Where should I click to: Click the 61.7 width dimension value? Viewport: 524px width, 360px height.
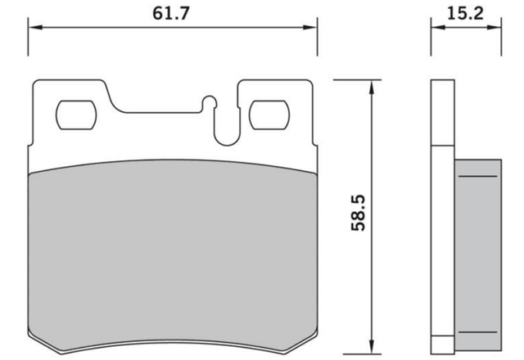tap(171, 14)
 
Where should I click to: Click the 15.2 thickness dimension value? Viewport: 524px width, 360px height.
tap(465, 14)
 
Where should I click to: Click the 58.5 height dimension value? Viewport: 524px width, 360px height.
tap(359, 213)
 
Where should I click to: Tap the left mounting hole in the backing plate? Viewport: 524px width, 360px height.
tap(76, 115)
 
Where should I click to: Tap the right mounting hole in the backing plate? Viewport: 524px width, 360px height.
tap(269, 115)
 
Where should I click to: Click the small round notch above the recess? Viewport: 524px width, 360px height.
tap(210, 102)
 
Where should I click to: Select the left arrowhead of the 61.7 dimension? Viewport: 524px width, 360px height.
tap(35, 27)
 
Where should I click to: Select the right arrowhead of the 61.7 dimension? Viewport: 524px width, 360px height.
tap(310, 27)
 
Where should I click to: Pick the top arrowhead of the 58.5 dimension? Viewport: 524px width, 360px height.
tap(371, 87)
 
